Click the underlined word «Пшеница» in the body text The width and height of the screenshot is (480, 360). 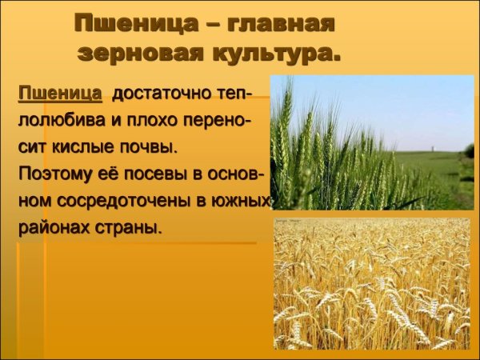[x=60, y=94]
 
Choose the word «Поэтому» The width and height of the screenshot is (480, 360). [x=54, y=174]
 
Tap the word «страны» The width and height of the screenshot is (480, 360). [x=129, y=226]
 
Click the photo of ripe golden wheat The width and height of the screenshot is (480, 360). [x=372, y=284]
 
